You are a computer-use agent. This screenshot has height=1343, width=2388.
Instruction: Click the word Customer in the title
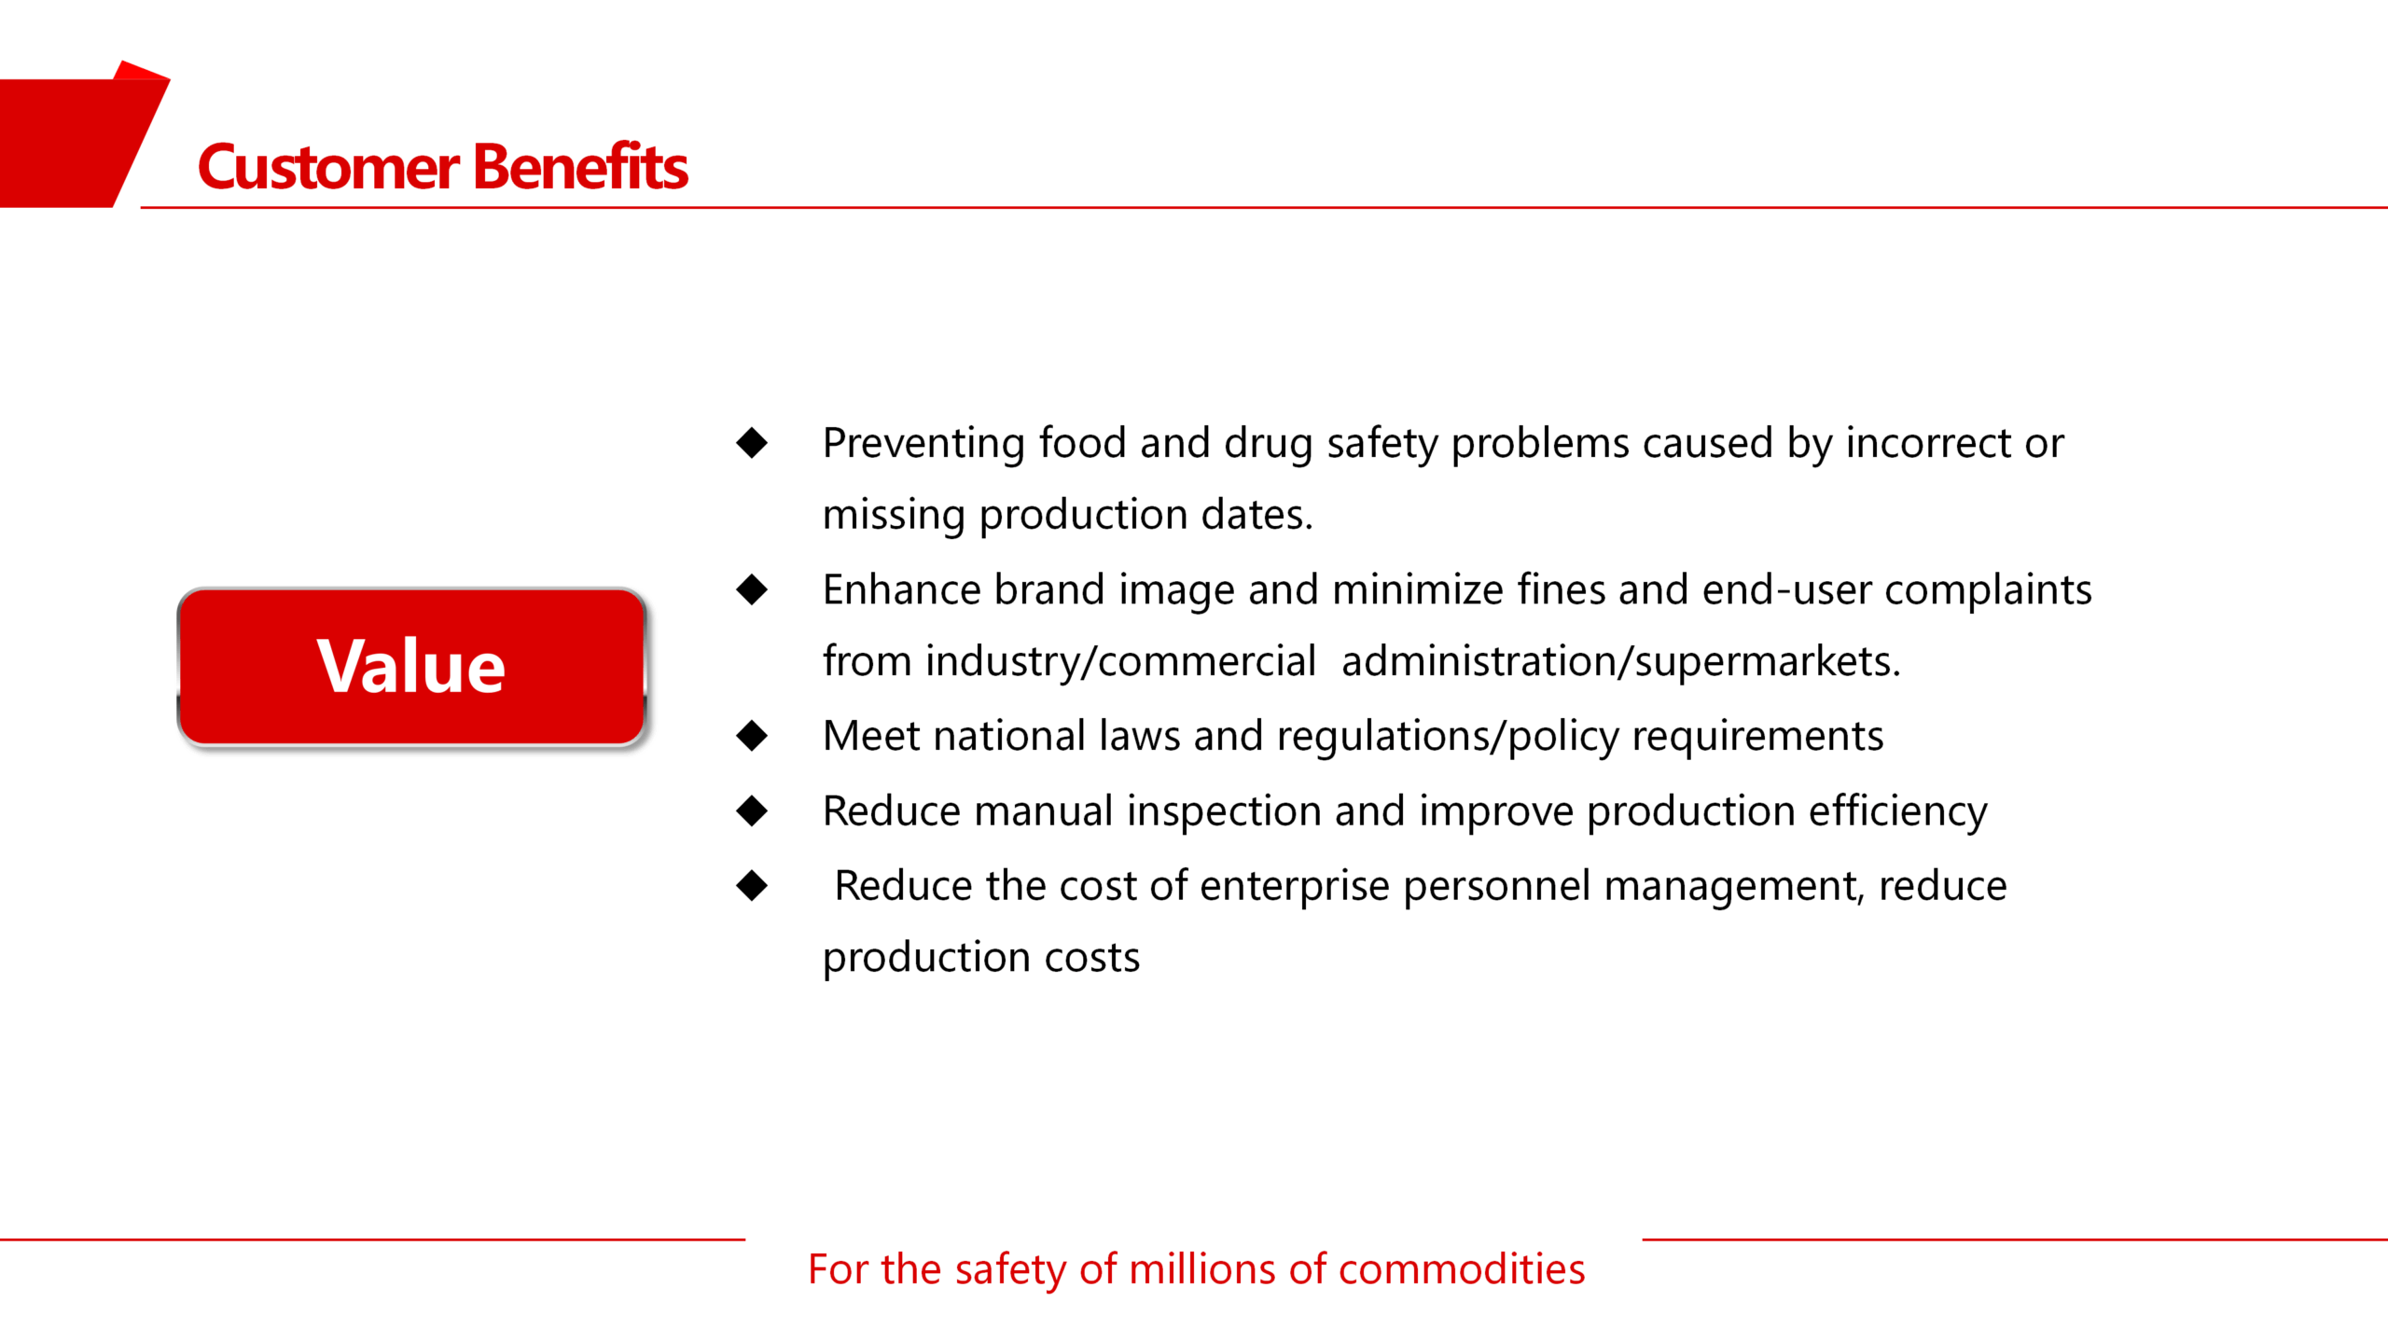click(x=328, y=168)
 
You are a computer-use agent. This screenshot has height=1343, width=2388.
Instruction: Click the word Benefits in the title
click(x=580, y=166)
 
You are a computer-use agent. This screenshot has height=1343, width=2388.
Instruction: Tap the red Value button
click(x=411, y=667)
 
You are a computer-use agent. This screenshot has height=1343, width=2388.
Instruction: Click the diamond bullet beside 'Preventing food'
click(x=752, y=443)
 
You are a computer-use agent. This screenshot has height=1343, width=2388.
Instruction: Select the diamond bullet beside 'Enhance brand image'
click(x=752, y=589)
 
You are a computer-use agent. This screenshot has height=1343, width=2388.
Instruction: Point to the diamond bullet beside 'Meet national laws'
click(x=752, y=736)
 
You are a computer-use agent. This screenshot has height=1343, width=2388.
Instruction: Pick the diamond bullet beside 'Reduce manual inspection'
click(x=752, y=810)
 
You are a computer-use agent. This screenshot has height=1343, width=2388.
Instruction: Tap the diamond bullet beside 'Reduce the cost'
click(x=752, y=885)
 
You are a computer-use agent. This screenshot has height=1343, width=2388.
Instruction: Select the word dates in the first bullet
click(x=1256, y=515)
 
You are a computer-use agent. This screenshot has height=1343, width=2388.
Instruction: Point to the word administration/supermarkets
click(x=1620, y=662)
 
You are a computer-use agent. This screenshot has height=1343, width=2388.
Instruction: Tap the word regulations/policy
click(x=1448, y=738)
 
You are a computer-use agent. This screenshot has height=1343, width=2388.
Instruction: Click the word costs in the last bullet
click(x=1092, y=959)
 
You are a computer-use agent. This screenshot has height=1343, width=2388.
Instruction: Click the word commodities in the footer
click(x=1461, y=1269)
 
